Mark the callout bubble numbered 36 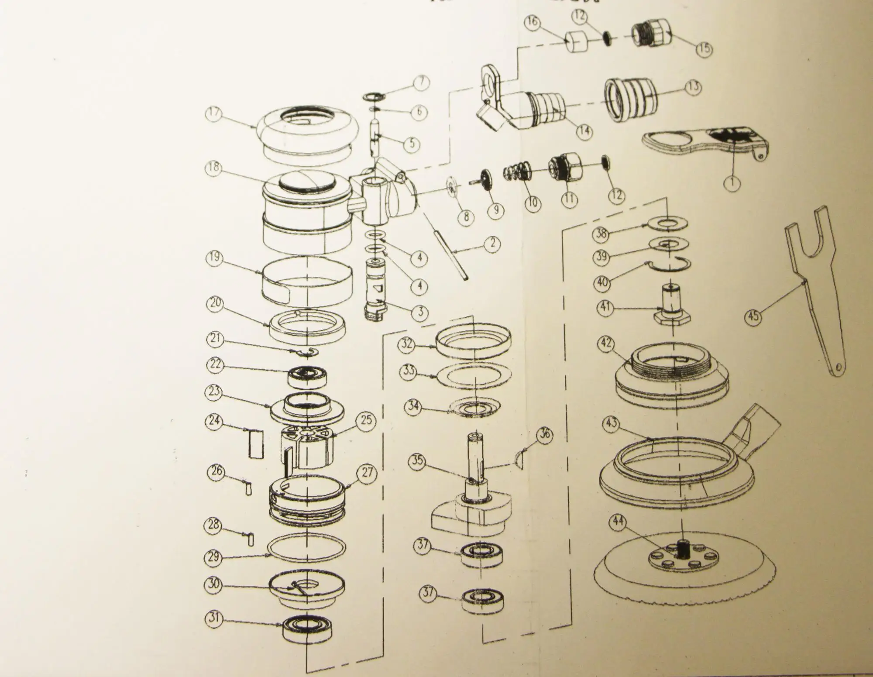545,435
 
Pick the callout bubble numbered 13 693,87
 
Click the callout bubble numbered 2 492,243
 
